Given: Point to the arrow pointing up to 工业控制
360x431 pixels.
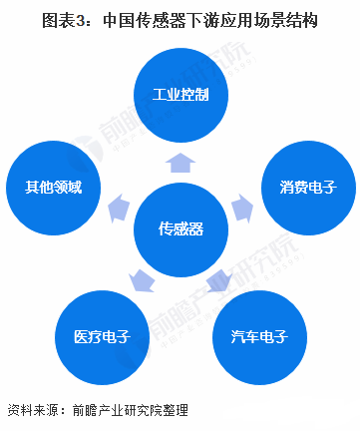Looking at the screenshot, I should [180, 161].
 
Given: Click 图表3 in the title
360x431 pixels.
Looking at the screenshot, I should [59, 21].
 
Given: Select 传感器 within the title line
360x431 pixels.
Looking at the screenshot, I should [155, 21].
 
